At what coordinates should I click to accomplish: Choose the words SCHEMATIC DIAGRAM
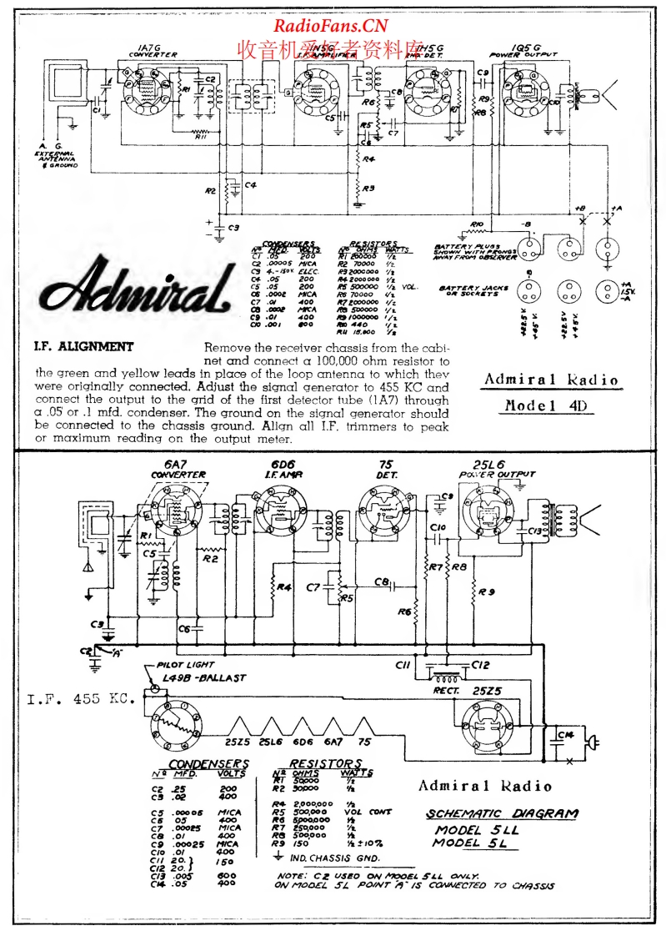502,814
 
